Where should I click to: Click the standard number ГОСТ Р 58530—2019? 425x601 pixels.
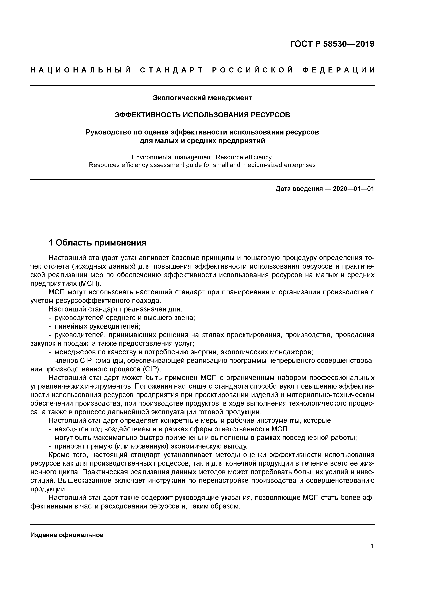click(x=332, y=44)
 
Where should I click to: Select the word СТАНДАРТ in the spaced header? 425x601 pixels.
click(x=172, y=70)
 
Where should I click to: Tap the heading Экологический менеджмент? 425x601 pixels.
click(x=202, y=98)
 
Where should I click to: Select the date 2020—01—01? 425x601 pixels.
click(x=354, y=189)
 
